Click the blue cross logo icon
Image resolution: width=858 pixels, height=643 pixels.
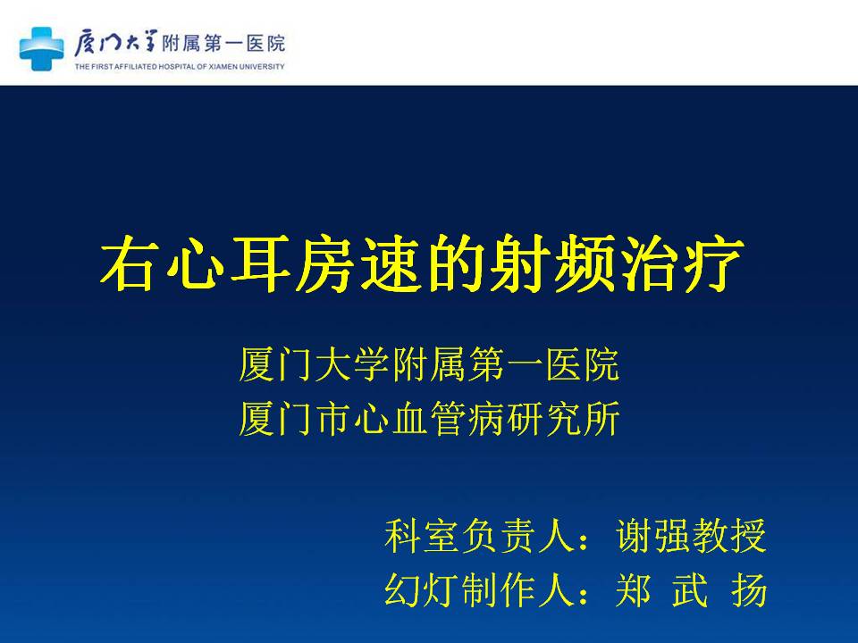click(42, 48)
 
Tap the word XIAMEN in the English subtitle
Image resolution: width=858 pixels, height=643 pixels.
click(223, 67)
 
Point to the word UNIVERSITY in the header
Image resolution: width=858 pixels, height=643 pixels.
click(262, 67)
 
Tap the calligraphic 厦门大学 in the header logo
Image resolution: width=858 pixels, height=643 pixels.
click(116, 43)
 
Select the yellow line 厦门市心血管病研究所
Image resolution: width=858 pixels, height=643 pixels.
click(430, 419)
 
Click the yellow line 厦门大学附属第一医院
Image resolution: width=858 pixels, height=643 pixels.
click(430, 364)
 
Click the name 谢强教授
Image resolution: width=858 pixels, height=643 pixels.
click(691, 536)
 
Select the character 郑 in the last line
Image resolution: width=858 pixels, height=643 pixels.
click(634, 590)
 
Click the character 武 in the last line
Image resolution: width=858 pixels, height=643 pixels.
click(691, 590)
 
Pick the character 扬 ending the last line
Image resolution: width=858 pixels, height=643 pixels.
click(749, 590)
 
